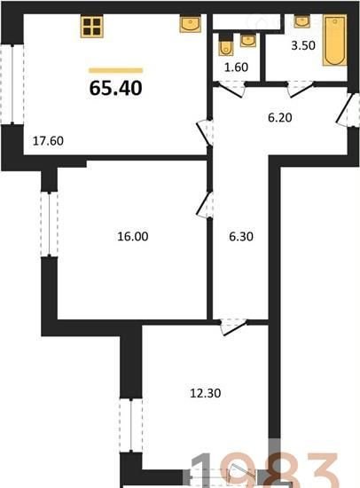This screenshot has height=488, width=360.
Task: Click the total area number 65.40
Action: coord(116,88)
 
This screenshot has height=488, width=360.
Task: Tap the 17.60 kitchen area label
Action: coord(48,141)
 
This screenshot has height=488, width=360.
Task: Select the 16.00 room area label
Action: coord(133,237)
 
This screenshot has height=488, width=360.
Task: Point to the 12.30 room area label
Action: coord(206,393)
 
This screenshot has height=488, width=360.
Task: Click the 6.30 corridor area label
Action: coord(241,237)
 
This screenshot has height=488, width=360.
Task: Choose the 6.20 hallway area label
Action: coord(280,118)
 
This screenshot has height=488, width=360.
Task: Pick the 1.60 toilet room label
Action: coord(237,67)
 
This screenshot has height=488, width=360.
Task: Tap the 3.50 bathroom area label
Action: coord(303,45)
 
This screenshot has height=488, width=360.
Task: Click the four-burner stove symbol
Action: coord(92,27)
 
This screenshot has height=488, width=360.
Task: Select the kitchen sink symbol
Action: coord(190,24)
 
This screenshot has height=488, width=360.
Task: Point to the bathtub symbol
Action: coord(335,40)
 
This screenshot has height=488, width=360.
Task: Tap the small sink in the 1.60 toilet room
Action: coord(248,41)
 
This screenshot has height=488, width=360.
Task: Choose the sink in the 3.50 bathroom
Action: coord(301,21)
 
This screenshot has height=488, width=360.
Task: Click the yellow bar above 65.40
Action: coord(116,71)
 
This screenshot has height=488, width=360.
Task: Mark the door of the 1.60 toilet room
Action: coord(230,89)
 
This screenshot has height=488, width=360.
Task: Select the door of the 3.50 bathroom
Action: coord(300,89)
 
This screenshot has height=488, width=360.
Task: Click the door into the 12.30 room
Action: coord(233,327)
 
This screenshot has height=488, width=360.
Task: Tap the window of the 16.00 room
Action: coord(49,224)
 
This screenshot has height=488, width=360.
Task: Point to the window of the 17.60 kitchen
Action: coord(12,84)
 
